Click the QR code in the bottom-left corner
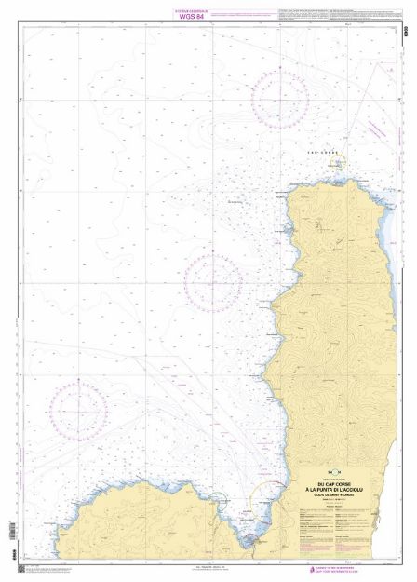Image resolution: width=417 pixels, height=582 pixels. (22, 567)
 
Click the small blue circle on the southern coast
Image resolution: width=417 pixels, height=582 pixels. (216, 500)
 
